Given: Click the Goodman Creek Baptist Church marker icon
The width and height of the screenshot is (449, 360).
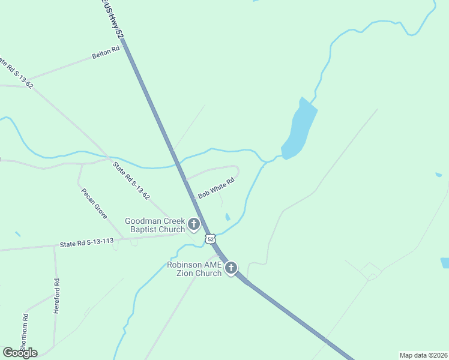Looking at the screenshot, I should [x=193, y=224].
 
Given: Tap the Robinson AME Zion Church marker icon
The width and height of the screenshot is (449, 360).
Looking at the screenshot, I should [x=231, y=268].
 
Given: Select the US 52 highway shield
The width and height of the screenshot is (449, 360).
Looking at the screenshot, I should [x=210, y=239].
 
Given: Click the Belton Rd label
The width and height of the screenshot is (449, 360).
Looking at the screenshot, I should [x=101, y=55].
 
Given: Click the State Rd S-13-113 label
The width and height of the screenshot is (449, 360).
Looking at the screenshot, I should [x=86, y=243].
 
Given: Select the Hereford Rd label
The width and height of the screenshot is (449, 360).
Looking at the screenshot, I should [x=57, y=289].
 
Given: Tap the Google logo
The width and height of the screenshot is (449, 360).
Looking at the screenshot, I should [x=20, y=352].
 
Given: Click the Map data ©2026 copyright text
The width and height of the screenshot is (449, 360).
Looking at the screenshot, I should [x=423, y=355].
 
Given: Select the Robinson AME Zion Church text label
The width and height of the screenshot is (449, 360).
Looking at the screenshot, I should [x=195, y=269].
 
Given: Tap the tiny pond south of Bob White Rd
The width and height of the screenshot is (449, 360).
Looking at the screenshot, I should [x=227, y=217].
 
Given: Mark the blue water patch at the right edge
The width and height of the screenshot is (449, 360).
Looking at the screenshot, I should [x=445, y=262].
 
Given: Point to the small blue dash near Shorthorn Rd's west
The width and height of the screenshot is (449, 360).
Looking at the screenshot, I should [x=17, y=234].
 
